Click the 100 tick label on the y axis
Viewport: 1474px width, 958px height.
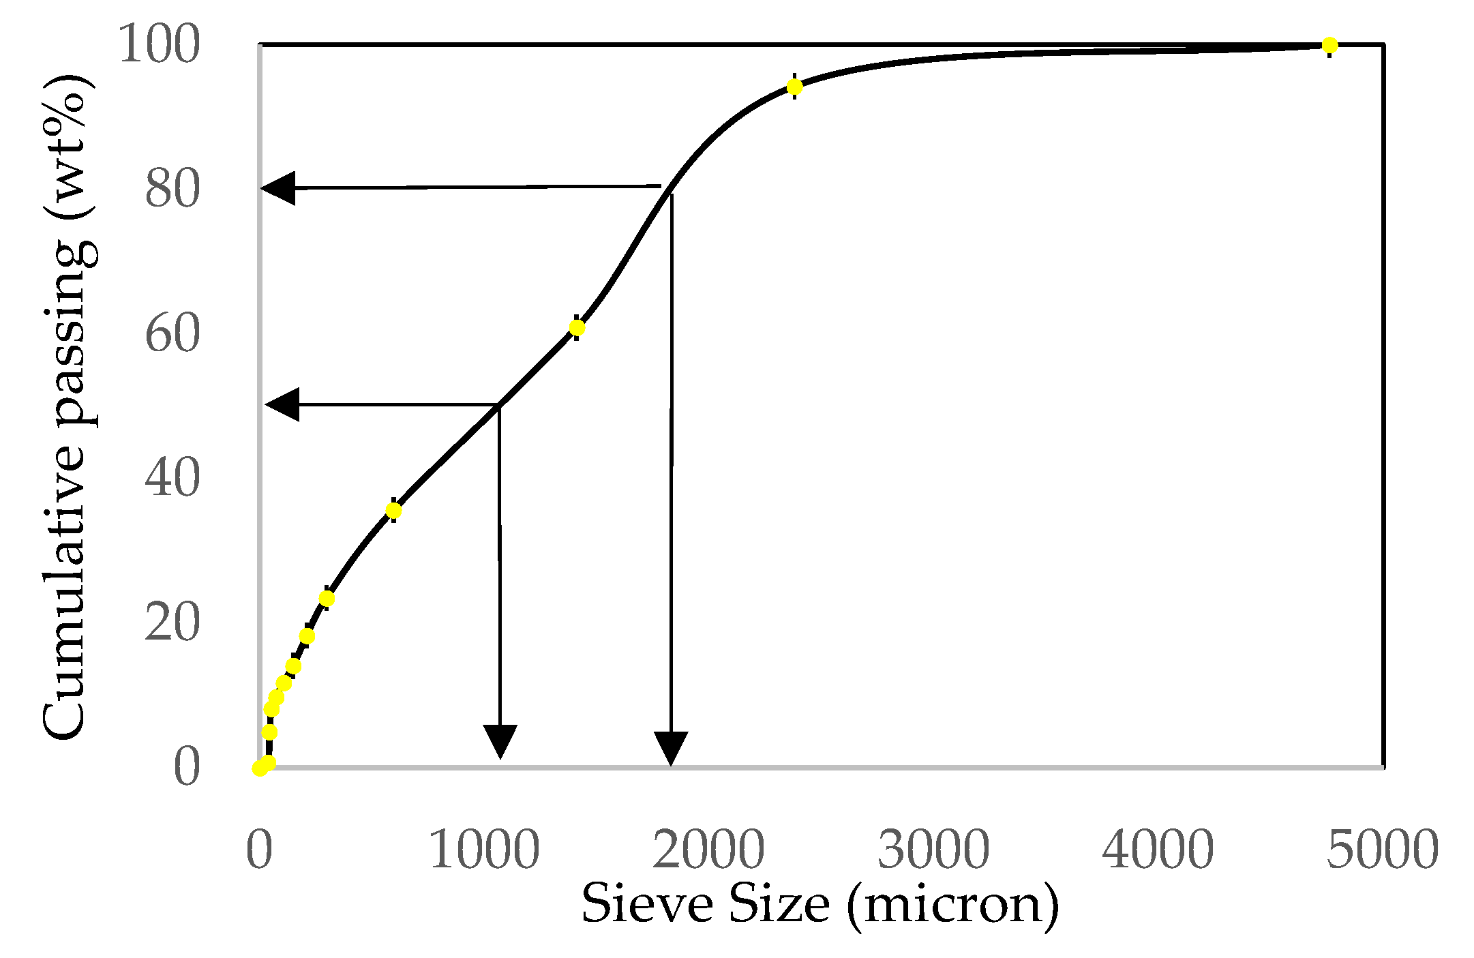click(160, 45)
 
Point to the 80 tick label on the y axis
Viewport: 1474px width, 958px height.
click(172, 189)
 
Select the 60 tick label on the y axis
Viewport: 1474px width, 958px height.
click(172, 333)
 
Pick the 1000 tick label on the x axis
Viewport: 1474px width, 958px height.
click(484, 850)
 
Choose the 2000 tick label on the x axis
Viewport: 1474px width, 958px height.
click(708, 850)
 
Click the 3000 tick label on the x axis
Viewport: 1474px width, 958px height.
click(933, 850)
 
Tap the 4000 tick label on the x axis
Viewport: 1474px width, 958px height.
click(1158, 850)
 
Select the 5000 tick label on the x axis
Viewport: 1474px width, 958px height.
click(1382, 850)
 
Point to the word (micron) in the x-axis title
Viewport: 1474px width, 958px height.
click(953, 905)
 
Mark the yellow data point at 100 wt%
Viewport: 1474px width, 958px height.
click(1329, 46)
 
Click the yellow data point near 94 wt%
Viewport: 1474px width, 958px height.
click(794, 87)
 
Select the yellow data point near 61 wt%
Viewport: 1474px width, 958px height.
click(577, 328)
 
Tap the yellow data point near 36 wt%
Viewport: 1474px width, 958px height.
click(393, 510)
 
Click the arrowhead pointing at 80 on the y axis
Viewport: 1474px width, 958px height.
click(280, 188)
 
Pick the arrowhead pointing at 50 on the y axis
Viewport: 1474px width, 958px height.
click(284, 404)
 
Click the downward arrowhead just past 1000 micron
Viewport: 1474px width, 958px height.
click(500, 740)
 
